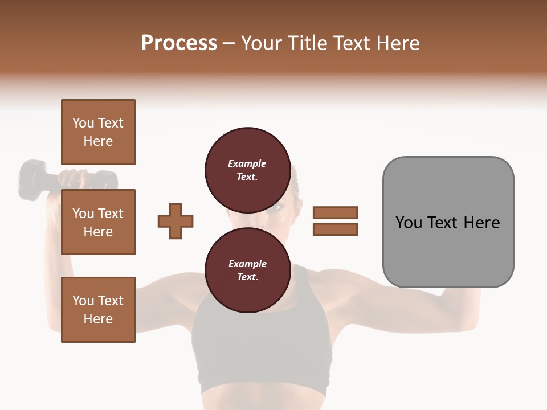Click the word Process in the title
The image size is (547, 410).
coord(179,43)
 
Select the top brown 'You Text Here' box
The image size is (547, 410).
coord(98,132)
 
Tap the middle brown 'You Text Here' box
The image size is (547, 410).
coord(98,222)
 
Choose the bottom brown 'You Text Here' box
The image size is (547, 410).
coord(98,309)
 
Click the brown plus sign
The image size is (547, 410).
coord(175,221)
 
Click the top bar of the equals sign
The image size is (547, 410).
coord(335,212)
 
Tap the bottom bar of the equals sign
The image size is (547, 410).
coord(335,229)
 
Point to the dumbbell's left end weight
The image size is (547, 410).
coord(32,179)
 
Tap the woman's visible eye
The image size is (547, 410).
coord(273,207)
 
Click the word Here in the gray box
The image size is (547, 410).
coord(481,223)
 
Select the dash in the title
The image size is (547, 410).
coord(229,44)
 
